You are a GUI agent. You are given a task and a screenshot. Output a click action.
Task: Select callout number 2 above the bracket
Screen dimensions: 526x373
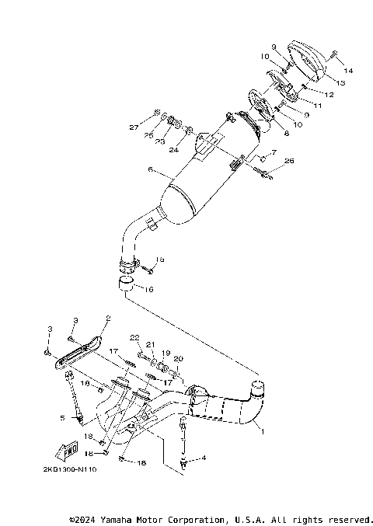pyautogui.click(x=107, y=318)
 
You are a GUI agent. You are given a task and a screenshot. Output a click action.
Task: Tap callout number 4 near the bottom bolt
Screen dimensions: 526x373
pyautogui.click(x=204, y=458)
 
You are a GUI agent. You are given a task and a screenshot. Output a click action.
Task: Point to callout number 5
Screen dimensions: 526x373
pyautogui.click(x=63, y=417)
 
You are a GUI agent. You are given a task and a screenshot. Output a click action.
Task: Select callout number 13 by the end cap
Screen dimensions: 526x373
pyautogui.click(x=340, y=81)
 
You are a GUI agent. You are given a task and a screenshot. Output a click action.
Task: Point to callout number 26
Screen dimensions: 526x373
pyautogui.click(x=290, y=161)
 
